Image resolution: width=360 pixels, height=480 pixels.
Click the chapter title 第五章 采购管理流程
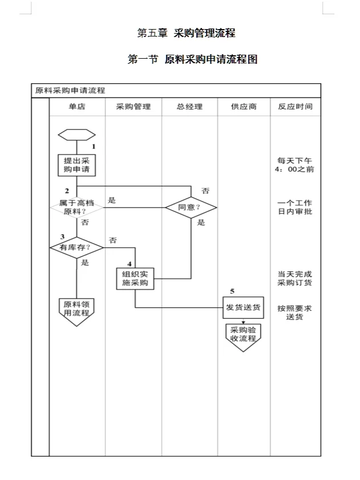pyautogui.click(x=186, y=33)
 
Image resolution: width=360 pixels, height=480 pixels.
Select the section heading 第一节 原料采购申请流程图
pyautogui.click(x=192, y=59)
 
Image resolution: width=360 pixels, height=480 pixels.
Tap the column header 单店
pyautogui.click(x=77, y=107)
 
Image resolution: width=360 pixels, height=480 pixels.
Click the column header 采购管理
pyautogui.click(x=134, y=107)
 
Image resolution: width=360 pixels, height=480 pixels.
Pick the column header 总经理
pyautogui.click(x=189, y=107)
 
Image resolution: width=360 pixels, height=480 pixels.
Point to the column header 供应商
pyautogui.click(x=244, y=107)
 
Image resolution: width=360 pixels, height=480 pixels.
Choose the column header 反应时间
pyautogui.click(x=295, y=107)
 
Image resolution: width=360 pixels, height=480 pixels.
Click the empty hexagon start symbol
pyautogui.click(x=76, y=135)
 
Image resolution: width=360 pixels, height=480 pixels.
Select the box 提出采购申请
pyautogui.click(x=76, y=165)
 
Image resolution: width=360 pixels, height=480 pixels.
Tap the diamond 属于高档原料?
pyautogui.click(x=76, y=207)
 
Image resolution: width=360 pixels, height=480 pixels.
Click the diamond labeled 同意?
pyautogui.click(x=191, y=208)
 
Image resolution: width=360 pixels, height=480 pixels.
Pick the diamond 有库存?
pyautogui.click(x=76, y=247)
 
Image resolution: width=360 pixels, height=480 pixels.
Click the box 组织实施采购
pyautogui.click(x=135, y=278)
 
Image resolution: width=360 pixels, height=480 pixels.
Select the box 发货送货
pyautogui.click(x=244, y=307)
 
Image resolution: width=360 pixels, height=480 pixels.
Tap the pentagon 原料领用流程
pyautogui.click(x=76, y=310)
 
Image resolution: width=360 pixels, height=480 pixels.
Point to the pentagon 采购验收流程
pyautogui.click(x=244, y=335)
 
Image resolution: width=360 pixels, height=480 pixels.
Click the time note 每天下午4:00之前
pyautogui.click(x=294, y=165)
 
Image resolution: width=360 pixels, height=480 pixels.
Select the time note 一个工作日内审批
pyautogui.click(x=294, y=208)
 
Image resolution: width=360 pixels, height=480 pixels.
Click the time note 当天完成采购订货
pyautogui.click(x=294, y=278)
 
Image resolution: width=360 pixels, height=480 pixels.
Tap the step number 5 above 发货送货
pyautogui.click(x=232, y=291)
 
